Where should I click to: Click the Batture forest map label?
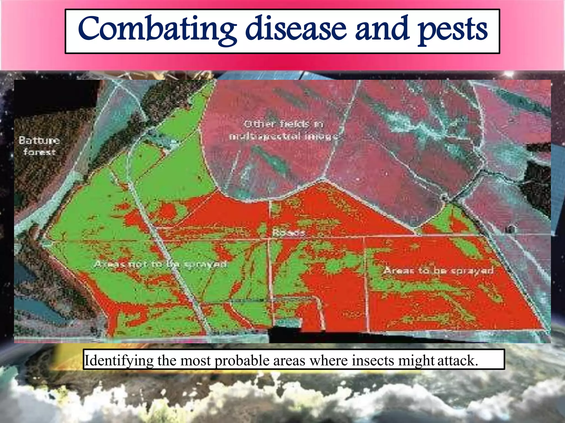(39, 146)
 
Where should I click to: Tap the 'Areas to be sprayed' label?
(438, 270)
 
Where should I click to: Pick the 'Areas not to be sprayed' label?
(160, 264)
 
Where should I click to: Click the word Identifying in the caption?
(119, 360)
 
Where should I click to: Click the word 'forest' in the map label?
(39, 152)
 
